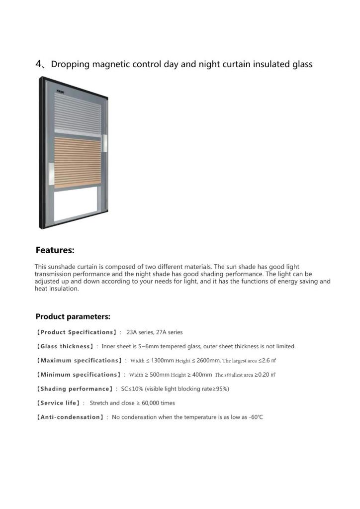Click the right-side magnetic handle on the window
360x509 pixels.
(104, 143)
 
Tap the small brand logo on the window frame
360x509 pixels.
(61, 91)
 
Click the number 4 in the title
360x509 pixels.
(39, 64)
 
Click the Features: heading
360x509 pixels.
(55, 250)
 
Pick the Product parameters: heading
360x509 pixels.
(73, 316)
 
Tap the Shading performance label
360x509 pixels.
(75, 389)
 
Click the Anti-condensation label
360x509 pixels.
(70, 417)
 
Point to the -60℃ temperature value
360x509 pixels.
(256, 417)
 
